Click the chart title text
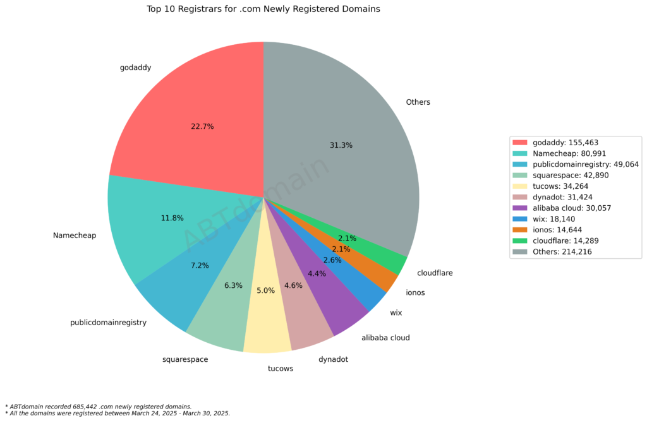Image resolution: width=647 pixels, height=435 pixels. coord(263,9)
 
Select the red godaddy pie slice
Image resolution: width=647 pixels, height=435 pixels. coord(190,107)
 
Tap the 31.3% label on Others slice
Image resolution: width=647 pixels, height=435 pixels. coord(341,145)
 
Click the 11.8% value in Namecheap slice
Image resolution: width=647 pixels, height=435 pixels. coord(172,218)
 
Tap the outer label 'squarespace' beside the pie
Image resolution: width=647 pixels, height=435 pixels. coord(185,360)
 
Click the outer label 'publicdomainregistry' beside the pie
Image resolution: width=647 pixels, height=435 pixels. coord(108,323)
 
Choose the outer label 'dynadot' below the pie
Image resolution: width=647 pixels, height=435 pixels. coord(333,360)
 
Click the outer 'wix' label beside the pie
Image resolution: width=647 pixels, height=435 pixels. coord(396,313)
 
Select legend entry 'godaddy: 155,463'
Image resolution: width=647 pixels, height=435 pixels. coord(567,143)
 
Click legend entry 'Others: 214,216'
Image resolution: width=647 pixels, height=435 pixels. coord(562,252)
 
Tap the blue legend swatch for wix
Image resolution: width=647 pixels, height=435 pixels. coord(520,219)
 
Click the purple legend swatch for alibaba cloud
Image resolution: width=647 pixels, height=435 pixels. coord(520,208)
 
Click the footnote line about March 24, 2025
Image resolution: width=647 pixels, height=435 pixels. coord(118,414)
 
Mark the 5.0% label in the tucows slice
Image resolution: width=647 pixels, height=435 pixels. coord(265,291)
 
